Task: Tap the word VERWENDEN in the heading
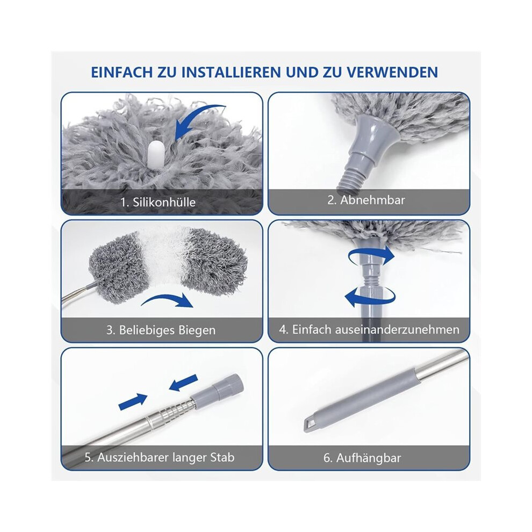point(393,72)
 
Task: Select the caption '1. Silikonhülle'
point(158,202)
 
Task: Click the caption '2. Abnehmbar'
point(366,200)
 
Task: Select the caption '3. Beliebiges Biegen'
point(161,330)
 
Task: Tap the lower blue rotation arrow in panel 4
point(370,298)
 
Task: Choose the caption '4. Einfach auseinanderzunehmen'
point(369,330)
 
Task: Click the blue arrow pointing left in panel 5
point(183,382)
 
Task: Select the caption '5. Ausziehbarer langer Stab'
point(160,458)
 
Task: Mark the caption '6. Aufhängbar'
point(362,458)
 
